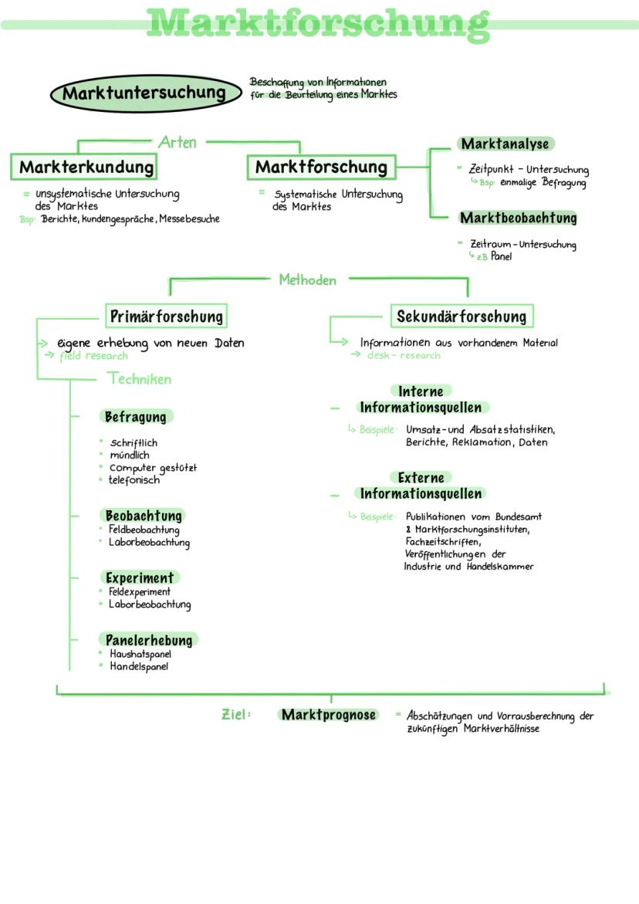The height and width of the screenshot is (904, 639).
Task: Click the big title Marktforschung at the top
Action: (318, 25)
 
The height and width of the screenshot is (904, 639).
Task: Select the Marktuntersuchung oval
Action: (145, 93)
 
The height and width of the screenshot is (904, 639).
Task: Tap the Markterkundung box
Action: (84, 168)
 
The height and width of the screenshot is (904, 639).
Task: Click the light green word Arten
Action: (177, 142)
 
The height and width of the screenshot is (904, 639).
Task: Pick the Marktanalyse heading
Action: (505, 144)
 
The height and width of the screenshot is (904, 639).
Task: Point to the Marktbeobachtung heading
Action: (518, 218)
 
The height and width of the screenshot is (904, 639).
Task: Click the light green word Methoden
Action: (308, 280)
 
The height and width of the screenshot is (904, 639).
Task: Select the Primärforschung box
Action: (167, 317)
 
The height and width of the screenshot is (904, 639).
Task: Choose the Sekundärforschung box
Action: (461, 316)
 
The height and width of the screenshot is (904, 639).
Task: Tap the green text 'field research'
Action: (94, 357)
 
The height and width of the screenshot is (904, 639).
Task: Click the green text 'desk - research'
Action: (404, 356)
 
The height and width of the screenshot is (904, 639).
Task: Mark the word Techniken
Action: (140, 379)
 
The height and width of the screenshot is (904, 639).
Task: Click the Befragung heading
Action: (135, 417)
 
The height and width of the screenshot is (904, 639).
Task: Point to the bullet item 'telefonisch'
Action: (134, 479)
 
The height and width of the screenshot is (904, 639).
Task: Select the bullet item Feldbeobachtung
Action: (144, 530)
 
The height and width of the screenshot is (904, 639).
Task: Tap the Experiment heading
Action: (140, 577)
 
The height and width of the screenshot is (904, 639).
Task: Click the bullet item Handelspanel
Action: (139, 666)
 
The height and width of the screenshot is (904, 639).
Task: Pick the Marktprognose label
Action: (329, 715)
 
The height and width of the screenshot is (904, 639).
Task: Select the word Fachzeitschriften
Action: (442, 542)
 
